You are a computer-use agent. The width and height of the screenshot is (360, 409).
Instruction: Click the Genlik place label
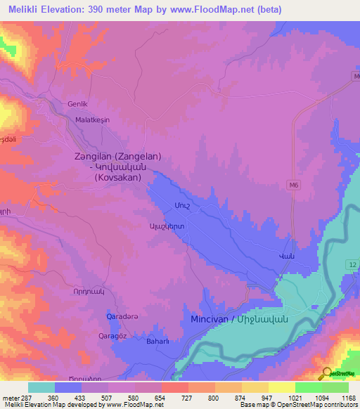(76, 104)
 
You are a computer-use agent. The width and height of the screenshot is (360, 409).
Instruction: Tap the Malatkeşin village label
(93, 120)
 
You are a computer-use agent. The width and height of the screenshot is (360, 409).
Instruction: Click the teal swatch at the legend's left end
(41, 387)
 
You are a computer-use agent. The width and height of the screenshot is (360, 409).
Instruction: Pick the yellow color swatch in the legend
(282, 387)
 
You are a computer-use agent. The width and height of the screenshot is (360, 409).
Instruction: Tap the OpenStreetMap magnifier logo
(326, 374)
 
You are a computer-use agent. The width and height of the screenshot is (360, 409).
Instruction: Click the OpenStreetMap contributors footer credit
(315, 405)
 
